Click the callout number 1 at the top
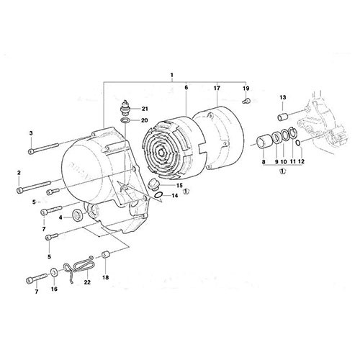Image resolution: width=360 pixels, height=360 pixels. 171,75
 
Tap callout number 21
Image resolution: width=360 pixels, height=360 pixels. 145,109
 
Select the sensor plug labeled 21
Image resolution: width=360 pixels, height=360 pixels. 125,107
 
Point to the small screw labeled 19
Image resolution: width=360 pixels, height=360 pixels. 246,101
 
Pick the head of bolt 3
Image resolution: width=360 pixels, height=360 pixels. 31,151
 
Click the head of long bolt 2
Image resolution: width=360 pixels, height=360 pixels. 19,190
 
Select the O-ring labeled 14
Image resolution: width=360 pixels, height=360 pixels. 158,196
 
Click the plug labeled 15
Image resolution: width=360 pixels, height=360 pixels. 152,185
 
